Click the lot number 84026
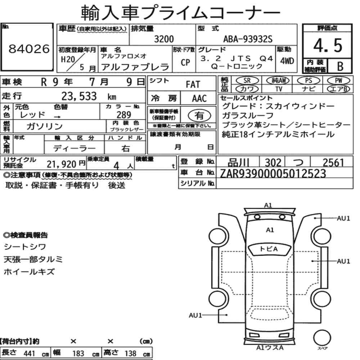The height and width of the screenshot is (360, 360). pyautogui.click(x=29, y=49)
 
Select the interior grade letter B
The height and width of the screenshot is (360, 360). pyautogui.click(x=339, y=66)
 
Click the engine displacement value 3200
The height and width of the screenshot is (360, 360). pyautogui.click(x=163, y=39)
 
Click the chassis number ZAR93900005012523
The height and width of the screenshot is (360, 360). pyautogui.click(x=273, y=174)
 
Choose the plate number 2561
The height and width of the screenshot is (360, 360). pyautogui.click(x=333, y=163)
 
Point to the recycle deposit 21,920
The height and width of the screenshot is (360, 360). pyautogui.click(x=62, y=164)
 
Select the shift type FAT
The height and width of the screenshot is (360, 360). pyautogui.click(x=193, y=85)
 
